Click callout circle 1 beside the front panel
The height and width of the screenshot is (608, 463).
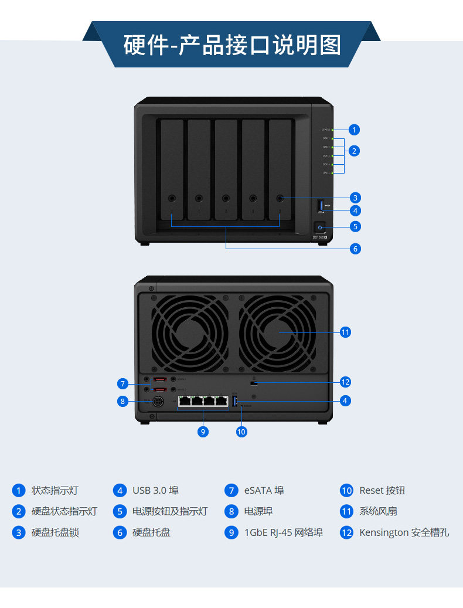tap(354, 130)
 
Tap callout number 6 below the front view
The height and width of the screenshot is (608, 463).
tap(355, 249)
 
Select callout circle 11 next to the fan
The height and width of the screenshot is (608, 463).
tap(345, 332)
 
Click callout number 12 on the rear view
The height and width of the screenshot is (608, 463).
tap(345, 382)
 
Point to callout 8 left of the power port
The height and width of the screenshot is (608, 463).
tap(122, 401)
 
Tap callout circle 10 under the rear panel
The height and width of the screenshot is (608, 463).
tap(241, 432)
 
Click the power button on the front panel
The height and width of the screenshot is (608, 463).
tap(321, 226)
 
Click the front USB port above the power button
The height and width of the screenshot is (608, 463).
tap(321, 205)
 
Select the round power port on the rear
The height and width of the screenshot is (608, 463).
tap(157, 402)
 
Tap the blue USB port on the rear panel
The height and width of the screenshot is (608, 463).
tap(236, 401)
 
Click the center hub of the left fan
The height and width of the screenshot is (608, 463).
tap(190, 332)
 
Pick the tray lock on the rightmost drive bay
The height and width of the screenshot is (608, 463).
tap(280, 198)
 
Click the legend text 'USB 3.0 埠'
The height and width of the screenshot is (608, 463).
tap(155, 490)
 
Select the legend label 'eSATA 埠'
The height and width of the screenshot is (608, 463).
tap(264, 490)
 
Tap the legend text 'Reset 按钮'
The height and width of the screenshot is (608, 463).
tap(382, 490)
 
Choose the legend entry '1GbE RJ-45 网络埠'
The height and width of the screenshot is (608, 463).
tap(284, 532)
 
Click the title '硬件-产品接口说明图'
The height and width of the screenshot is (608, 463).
tap(232, 45)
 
